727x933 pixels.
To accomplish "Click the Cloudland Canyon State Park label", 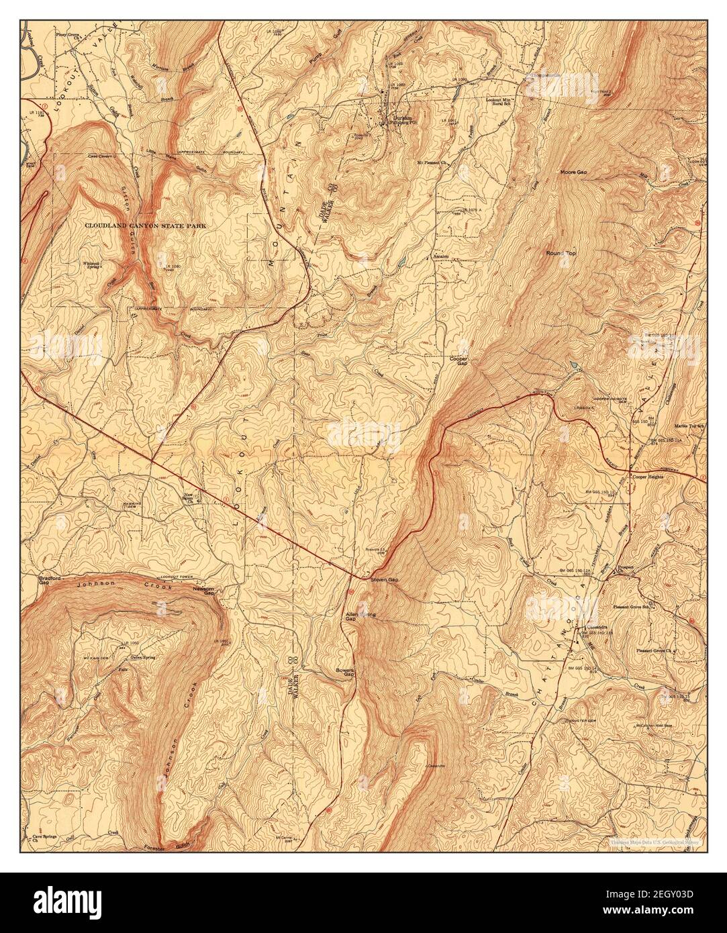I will tap(146, 226).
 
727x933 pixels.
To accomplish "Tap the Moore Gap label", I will tap(574, 173).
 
